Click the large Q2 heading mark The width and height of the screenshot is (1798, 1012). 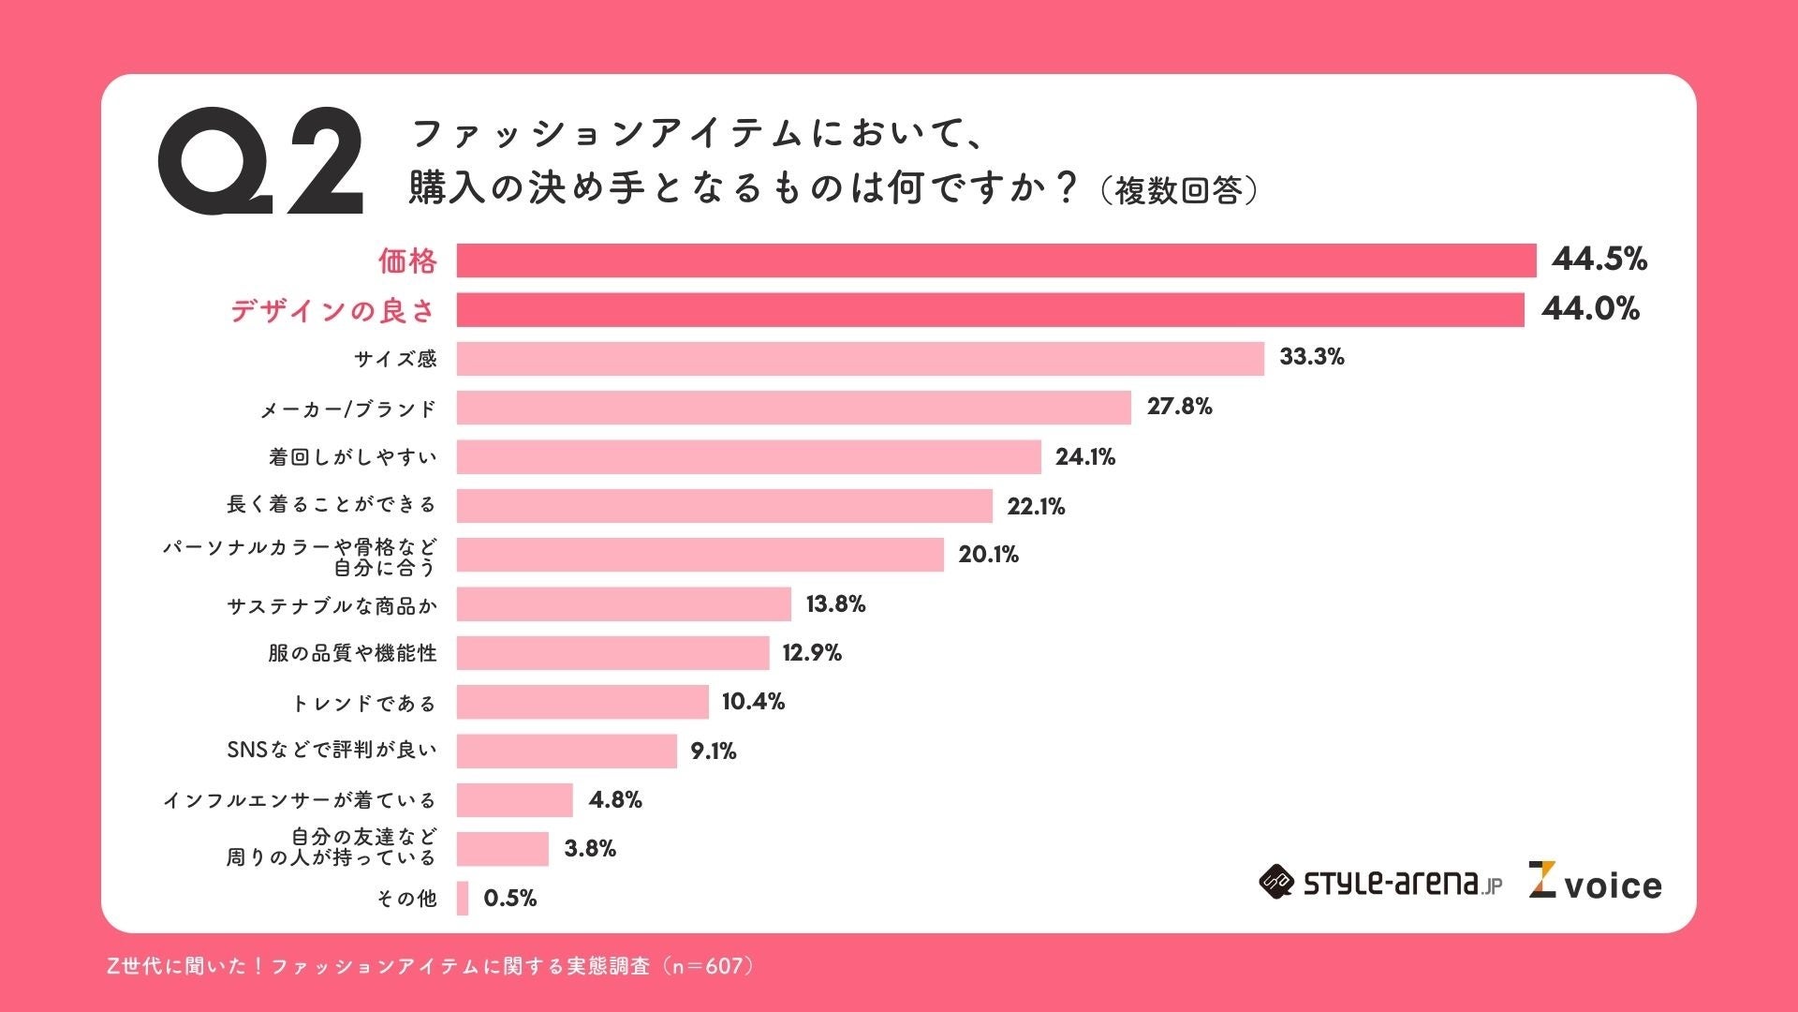point(260,161)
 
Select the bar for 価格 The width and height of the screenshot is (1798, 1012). point(995,260)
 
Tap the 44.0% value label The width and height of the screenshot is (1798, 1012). point(1590,308)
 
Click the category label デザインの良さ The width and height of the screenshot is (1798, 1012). point(332,310)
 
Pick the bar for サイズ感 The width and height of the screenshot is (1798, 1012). point(860,359)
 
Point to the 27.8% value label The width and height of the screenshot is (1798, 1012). point(1179,407)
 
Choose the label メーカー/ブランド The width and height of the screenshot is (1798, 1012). point(348,409)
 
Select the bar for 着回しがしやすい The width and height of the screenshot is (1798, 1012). point(748,457)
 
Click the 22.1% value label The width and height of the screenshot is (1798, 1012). point(1036,507)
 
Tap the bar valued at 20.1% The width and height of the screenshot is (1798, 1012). point(700,555)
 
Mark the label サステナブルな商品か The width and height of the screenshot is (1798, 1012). point(332,606)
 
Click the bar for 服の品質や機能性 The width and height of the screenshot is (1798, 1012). point(612,653)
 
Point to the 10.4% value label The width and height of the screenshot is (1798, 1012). point(753,702)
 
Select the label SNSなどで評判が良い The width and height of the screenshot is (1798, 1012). point(332,750)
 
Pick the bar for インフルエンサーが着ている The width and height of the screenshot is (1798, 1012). point(514,800)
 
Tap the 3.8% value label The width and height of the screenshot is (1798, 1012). point(590,849)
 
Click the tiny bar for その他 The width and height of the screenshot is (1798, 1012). point(463,898)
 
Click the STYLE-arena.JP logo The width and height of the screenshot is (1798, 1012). point(1379,883)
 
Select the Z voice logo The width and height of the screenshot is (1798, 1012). point(1595,882)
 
